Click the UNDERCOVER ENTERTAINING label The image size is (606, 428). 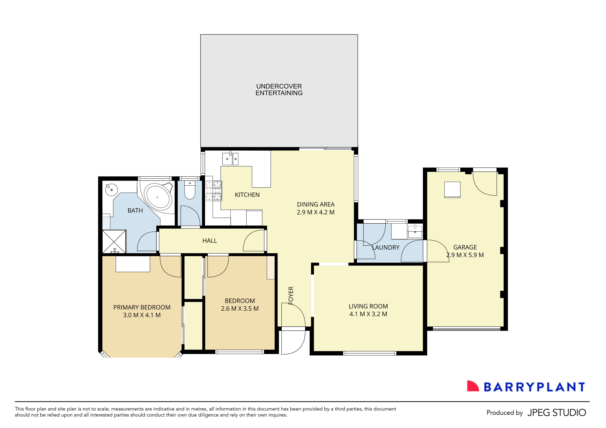(x=279, y=89)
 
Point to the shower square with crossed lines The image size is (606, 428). (x=114, y=242)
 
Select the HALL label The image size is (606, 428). (x=210, y=241)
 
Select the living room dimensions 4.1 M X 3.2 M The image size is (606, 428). (x=368, y=314)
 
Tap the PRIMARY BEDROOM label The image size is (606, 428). (x=142, y=307)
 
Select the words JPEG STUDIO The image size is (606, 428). (x=557, y=412)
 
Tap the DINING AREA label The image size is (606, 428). (x=316, y=204)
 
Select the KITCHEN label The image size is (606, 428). (x=247, y=195)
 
